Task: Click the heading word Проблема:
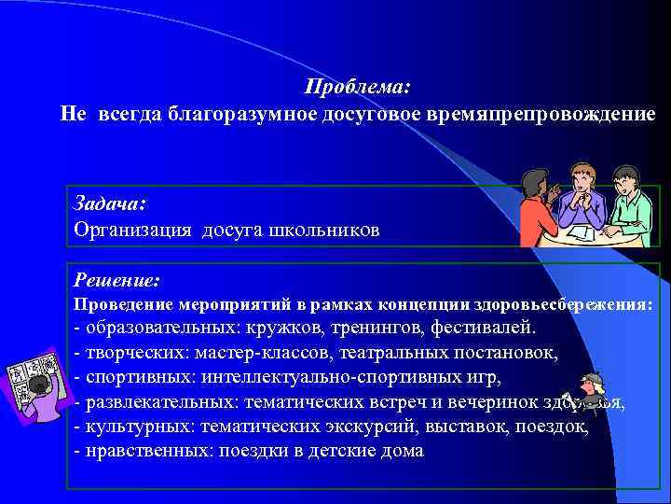coord(357,87)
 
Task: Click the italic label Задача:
coord(109,204)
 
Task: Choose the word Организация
coord(130,230)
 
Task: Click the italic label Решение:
coord(116,279)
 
